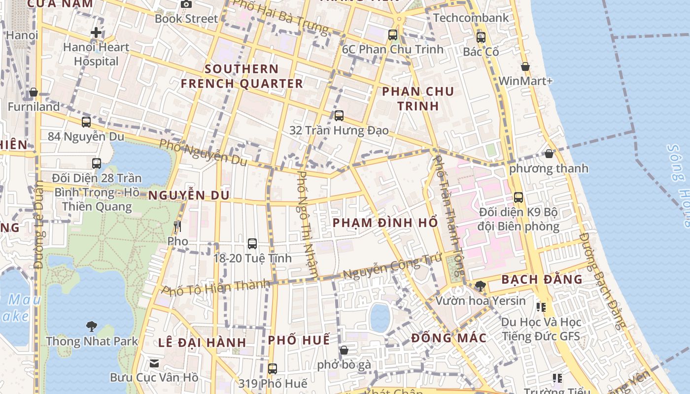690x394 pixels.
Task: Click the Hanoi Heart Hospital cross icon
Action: [x=96, y=33]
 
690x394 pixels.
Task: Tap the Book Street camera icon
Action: [x=186, y=4]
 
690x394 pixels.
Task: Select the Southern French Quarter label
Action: [x=241, y=76]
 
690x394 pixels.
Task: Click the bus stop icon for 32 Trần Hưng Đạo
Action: [x=339, y=116]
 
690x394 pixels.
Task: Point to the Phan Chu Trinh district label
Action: [x=418, y=98]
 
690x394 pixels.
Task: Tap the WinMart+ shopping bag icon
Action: [x=525, y=66]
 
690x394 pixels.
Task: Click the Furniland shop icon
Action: [x=34, y=92]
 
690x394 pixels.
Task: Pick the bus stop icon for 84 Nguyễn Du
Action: [x=86, y=122]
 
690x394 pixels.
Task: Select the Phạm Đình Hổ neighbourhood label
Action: [x=385, y=223]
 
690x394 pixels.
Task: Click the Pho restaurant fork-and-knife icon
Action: [x=177, y=227]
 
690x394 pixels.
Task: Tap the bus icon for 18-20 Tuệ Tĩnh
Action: [x=252, y=243]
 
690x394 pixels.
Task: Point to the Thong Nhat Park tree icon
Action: [x=91, y=326]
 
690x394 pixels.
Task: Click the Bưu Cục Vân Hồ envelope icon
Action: [x=154, y=363]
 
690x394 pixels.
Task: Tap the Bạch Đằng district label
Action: [x=542, y=280]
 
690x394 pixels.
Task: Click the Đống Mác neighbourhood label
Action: [x=449, y=338]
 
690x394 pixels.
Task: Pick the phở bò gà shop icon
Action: [x=344, y=350]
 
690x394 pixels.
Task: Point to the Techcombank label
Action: [x=471, y=18]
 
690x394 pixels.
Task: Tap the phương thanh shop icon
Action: [x=549, y=154]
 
